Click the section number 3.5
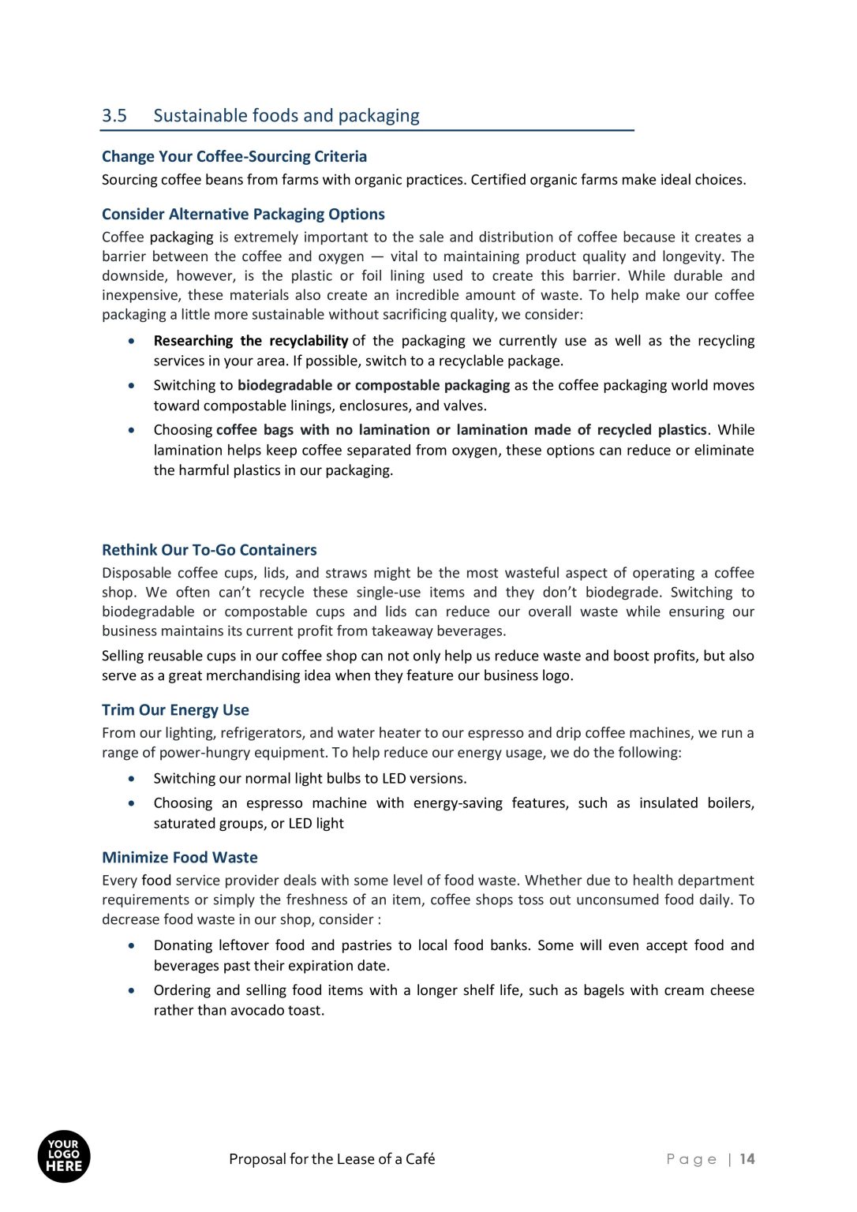(114, 116)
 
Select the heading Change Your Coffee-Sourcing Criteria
(234, 156)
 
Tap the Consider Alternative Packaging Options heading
(243, 214)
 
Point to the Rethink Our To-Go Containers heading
(209, 550)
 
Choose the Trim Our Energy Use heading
(175, 710)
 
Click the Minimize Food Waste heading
(179, 858)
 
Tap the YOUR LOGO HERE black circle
(64, 1157)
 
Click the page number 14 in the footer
(747, 1159)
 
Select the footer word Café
(420, 1159)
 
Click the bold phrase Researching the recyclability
(250, 341)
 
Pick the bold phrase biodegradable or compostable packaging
(373, 385)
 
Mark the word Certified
(497, 180)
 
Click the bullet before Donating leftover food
(132, 945)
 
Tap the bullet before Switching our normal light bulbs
(132, 779)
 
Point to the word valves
(465, 406)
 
